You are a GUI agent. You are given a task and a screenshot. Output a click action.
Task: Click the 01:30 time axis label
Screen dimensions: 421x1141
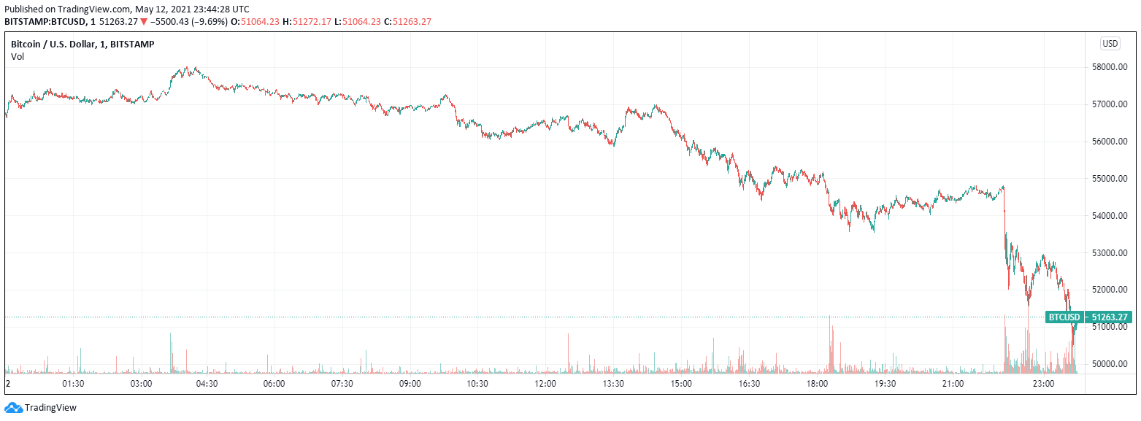pyautogui.click(x=74, y=384)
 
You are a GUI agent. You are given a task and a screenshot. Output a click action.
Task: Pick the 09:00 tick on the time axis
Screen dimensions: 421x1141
pyautogui.click(x=410, y=384)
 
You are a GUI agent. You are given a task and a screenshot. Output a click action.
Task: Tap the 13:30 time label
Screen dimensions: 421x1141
pyautogui.click(x=612, y=384)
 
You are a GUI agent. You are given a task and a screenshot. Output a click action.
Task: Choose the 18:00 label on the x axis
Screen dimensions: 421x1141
pyautogui.click(x=817, y=384)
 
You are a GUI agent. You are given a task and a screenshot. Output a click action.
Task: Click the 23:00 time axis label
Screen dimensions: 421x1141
pyautogui.click(x=1042, y=384)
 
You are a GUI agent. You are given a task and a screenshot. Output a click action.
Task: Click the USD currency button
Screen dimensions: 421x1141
pyautogui.click(x=1110, y=44)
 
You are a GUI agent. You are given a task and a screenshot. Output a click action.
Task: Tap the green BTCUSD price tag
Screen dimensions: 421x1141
pyautogui.click(x=1064, y=317)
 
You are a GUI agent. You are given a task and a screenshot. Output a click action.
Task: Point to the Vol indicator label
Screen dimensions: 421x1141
pyautogui.click(x=18, y=57)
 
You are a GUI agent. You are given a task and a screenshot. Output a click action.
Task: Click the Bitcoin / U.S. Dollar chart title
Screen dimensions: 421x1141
pyautogui.click(x=82, y=45)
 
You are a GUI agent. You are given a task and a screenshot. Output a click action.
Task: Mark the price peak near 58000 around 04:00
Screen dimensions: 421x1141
pyautogui.click(x=188, y=68)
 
